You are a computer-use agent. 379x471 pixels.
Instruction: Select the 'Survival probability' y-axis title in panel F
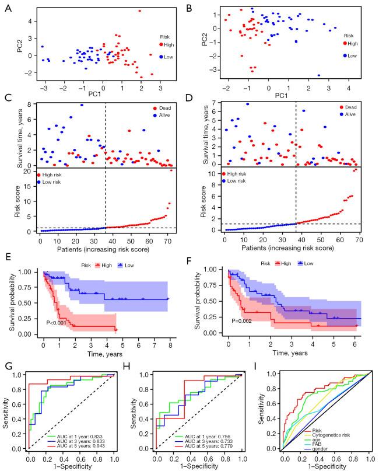[x=196, y=303]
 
